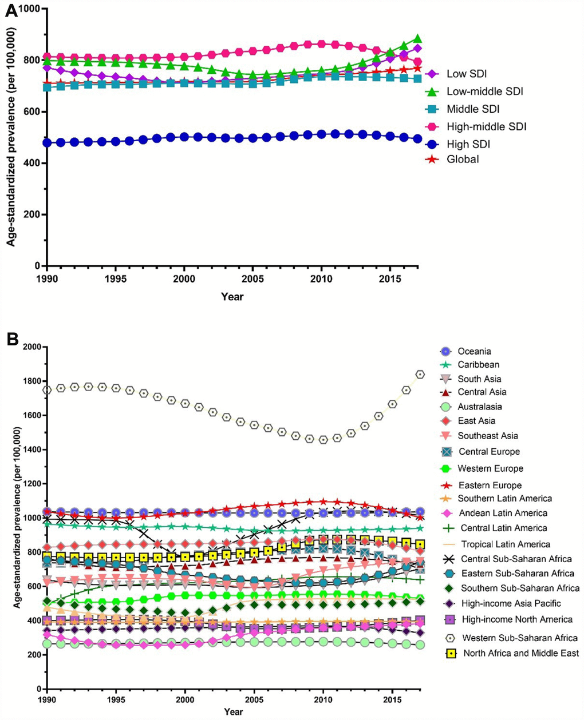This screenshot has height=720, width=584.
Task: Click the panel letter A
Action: (x=11, y=13)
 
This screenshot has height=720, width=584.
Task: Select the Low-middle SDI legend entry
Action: (x=476, y=92)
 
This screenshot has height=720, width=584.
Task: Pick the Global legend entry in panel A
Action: (x=463, y=159)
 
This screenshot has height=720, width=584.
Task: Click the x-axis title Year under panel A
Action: (x=232, y=297)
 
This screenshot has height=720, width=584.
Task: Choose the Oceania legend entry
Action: (x=474, y=351)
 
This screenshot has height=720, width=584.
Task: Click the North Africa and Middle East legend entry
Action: (x=520, y=653)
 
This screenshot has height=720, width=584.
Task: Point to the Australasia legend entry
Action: (x=480, y=407)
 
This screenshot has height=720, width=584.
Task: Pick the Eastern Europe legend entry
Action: (x=490, y=485)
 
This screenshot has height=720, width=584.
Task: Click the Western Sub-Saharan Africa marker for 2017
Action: (x=420, y=375)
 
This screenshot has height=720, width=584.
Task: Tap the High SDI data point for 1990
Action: (x=47, y=142)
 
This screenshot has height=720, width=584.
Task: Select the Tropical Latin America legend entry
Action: (x=505, y=544)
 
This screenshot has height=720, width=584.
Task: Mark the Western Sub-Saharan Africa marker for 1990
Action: (x=47, y=389)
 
